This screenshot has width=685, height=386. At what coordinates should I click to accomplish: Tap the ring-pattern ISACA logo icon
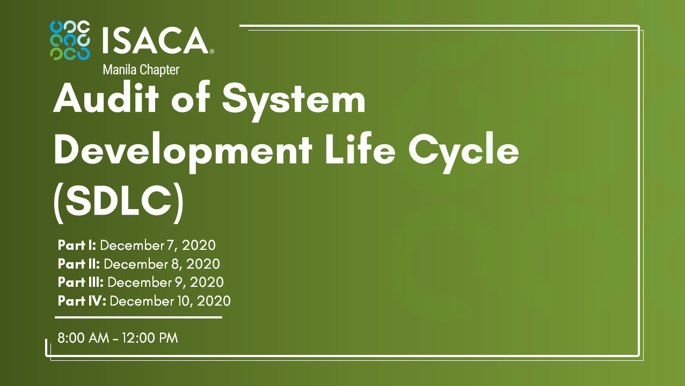(x=70, y=40)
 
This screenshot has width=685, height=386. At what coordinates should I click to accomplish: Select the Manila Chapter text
(x=141, y=69)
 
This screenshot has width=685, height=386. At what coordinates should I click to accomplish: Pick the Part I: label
(x=77, y=246)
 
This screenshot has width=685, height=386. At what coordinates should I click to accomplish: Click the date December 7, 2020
(x=158, y=246)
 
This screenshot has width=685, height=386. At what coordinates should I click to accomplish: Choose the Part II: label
(x=79, y=264)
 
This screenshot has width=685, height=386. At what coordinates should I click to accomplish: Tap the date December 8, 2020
(x=162, y=264)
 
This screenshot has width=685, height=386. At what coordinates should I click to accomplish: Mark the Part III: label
(x=81, y=282)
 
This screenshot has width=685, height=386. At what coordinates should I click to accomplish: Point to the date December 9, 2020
(x=166, y=282)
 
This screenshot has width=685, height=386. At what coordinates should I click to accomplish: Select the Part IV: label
(x=82, y=301)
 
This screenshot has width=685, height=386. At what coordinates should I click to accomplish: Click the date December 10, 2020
(x=170, y=301)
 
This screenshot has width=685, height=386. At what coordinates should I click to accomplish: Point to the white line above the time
(x=139, y=317)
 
